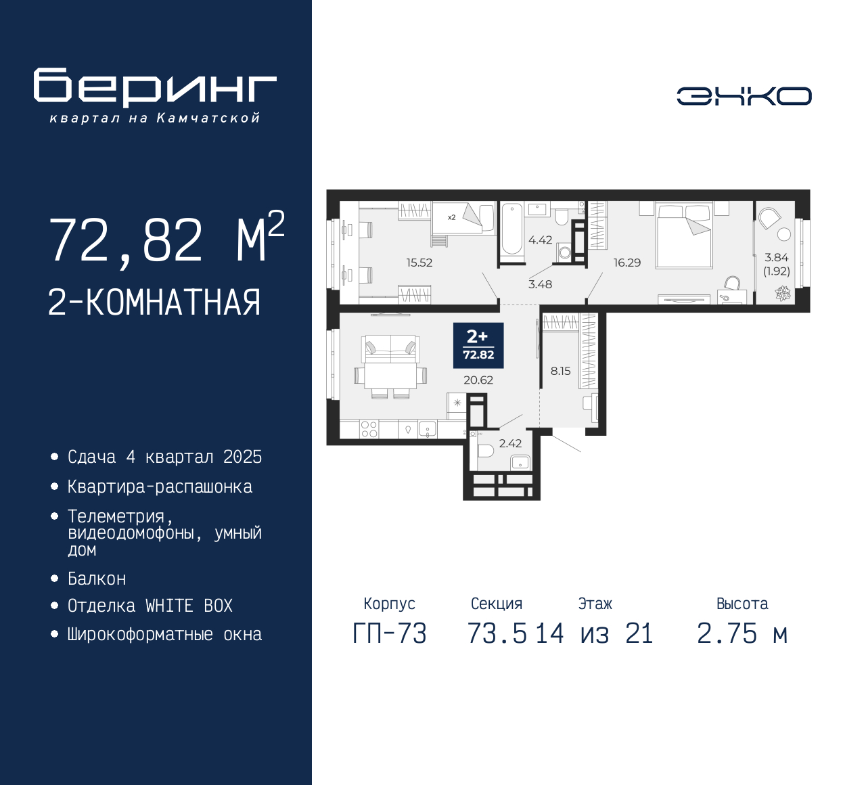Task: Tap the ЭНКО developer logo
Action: click(x=744, y=96)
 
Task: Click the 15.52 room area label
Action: click(x=419, y=263)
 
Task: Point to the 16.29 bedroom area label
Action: click(x=627, y=263)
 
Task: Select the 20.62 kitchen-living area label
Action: click(x=478, y=380)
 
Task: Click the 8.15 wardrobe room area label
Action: click(x=560, y=371)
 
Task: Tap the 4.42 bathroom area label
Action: click(x=540, y=240)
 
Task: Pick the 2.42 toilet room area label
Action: click(x=510, y=443)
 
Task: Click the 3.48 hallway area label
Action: click(x=540, y=284)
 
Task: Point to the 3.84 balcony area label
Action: click(x=776, y=258)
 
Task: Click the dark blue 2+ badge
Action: click(x=478, y=345)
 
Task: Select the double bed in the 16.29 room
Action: click(x=683, y=235)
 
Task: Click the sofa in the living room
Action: click(x=390, y=349)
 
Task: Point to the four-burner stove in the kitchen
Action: click(x=369, y=429)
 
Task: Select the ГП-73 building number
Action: click(x=390, y=634)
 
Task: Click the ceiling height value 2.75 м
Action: click(x=742, y=634)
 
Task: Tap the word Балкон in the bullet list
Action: click(x=97, y=579)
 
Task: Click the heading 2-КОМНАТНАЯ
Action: click(x=154, y=302)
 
